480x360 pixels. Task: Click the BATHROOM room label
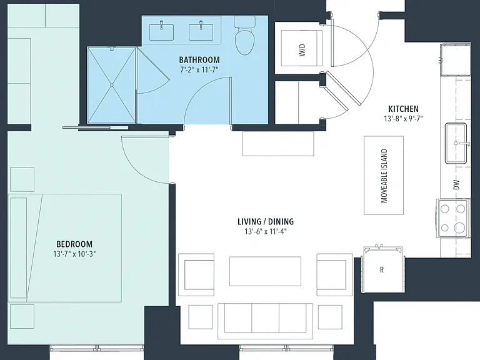[x=199, y=60]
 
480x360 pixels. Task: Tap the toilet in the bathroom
[x=244, y=36]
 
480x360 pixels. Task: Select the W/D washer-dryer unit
[x=301, y=48]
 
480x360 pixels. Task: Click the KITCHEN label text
[x=403, y=109]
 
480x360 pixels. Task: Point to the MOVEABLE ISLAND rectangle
[x=384, y=176]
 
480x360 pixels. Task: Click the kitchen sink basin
[x=456, y=143]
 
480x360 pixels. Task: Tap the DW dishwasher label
[x=456, y=184]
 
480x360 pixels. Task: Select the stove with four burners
[x=452, y=218]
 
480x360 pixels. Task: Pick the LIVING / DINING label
[x=266, y=221]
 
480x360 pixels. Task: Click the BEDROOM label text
[x=74, y=244]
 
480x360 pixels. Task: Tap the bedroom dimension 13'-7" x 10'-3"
[x=74, y=254]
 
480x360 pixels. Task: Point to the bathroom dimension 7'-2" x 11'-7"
[x=199, y=69]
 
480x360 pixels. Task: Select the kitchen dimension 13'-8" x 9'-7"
[x=403, y=119]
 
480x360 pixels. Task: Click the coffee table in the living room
[x=265, y=271]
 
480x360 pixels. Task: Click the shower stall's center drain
[x=112, y=85]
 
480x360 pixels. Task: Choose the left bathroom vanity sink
[x=161, y=32]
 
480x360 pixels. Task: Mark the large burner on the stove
[x=459, y=227]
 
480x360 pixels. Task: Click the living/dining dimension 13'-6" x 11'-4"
[x=266, y=231]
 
